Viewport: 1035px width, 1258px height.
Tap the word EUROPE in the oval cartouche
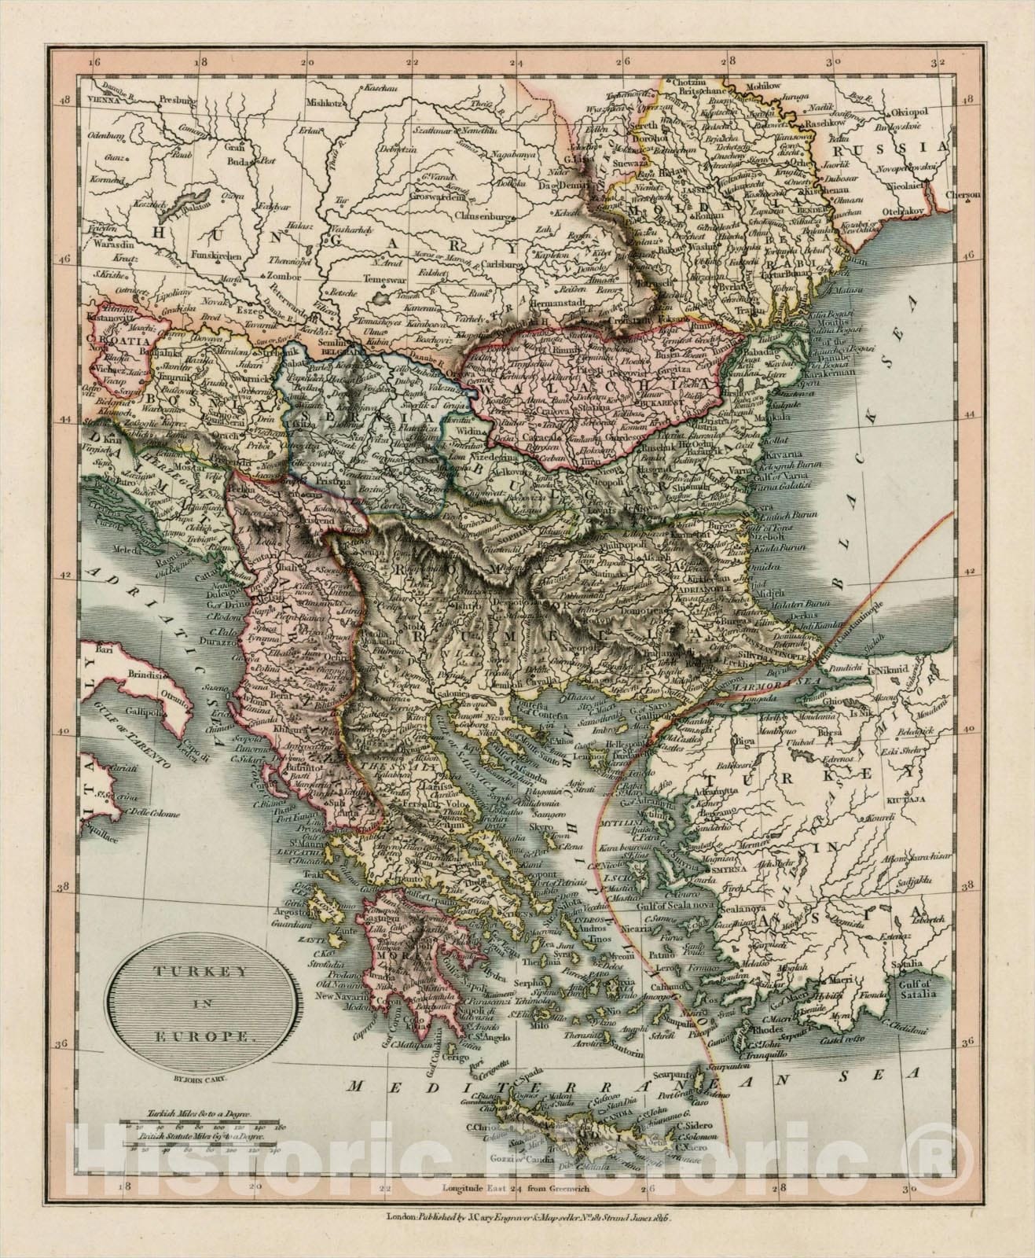click(x=181, y=1037)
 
